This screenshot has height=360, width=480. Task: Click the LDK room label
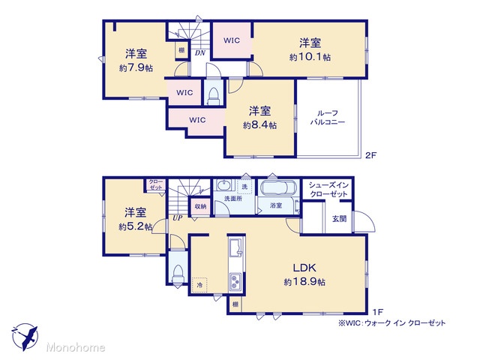coord(304,268)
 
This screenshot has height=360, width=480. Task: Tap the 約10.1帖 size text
coord(310,57)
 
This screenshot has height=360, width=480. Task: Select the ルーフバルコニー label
coord(328,118)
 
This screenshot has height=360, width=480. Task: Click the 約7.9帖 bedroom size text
coord(136,68)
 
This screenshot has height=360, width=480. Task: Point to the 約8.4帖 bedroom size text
coord(260,125)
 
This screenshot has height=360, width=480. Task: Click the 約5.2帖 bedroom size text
coord(136,226)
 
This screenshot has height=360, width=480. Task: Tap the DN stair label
coord(200,53)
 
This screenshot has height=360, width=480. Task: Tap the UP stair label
coord(178,218)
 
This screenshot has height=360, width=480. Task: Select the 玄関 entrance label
coord(339,219)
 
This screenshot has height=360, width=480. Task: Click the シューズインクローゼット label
coord(328,190)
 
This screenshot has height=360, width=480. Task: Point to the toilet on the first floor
coord(178,274)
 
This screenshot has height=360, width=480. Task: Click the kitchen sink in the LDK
coord(235,247)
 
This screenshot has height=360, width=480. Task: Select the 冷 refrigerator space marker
coord(199,285)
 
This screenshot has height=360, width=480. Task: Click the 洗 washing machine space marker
coord(244,187)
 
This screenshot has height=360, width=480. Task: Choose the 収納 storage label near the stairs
coord(200,207)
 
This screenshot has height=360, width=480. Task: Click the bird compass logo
coord(25,337)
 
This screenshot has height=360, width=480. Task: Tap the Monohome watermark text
coord(76,347)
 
